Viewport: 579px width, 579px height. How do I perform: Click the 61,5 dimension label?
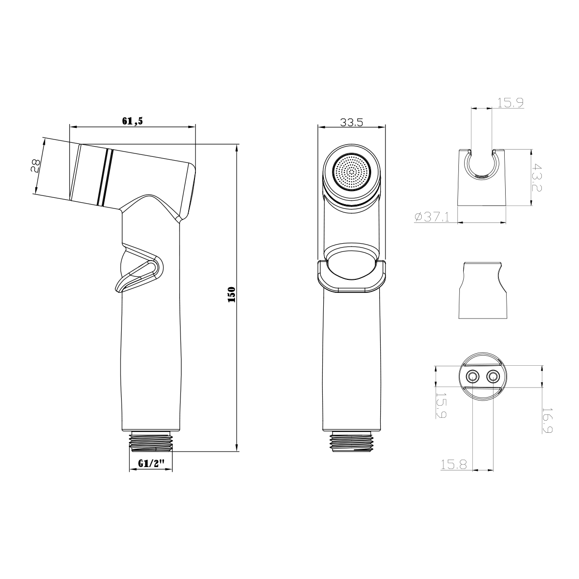pos(133,121)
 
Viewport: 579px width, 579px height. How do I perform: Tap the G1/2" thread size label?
pos(151,463)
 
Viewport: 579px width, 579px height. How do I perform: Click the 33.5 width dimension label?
pos(351,122)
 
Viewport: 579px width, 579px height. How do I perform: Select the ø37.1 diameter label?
pos(432,218)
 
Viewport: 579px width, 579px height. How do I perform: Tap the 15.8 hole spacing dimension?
pos(454,464)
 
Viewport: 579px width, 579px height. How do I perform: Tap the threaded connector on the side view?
pos(151,440)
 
